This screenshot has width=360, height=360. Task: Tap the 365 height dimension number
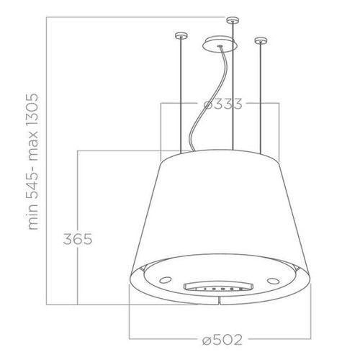[77, 239]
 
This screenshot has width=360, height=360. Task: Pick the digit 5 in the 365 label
[89, 239]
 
